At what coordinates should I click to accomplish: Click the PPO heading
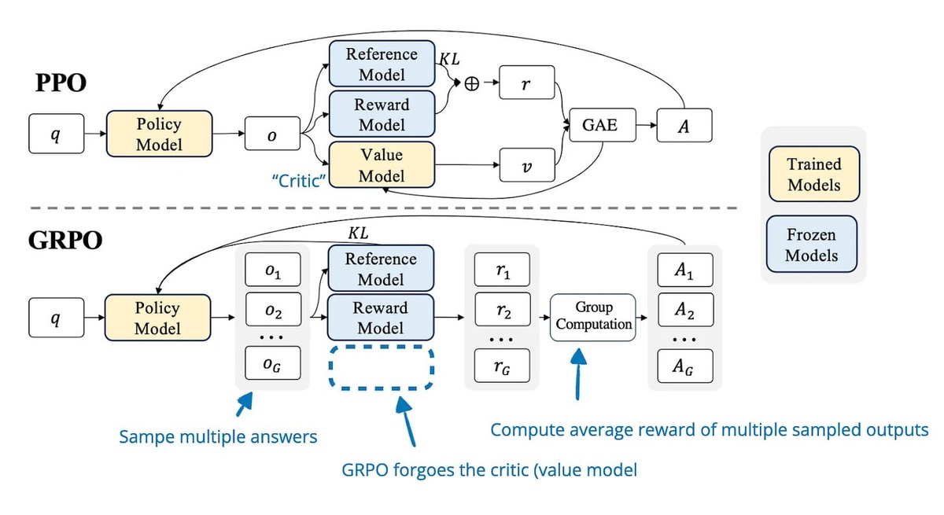(61, 84)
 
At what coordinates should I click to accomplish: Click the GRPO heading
(65, 240)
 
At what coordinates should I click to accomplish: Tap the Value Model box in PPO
(382, 166)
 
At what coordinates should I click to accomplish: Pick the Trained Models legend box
(814, 175)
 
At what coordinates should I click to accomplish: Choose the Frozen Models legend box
(814, 245)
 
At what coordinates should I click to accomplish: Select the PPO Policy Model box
(159, 134)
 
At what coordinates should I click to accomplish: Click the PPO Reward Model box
(382, 115)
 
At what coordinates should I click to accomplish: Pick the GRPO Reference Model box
(382, 269)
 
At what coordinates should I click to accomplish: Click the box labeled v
(526, 167)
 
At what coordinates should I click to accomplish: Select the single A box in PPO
(683, 126)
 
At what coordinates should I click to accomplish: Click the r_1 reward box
(503, 270)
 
